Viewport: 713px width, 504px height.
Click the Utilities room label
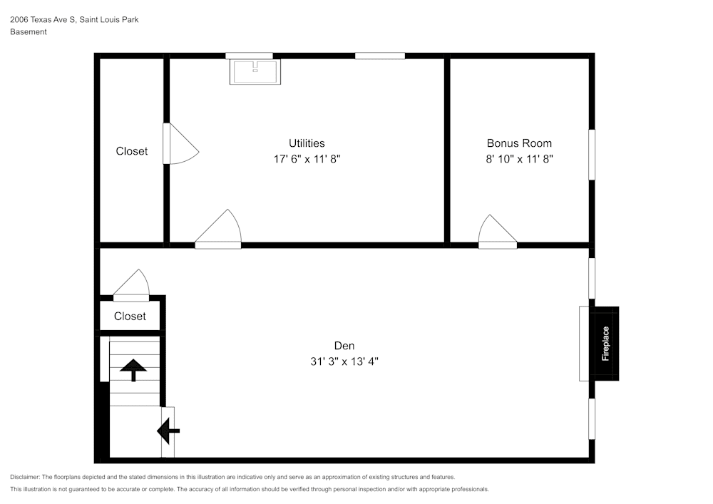click(307, 143)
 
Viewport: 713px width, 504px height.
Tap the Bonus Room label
click(519, 143)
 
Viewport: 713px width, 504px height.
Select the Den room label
click(344, 346)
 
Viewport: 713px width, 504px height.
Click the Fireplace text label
click(605, 344)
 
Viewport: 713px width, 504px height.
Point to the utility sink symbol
click(255, 71)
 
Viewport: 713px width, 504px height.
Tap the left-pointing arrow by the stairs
click(168, 431)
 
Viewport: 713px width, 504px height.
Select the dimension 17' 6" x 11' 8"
click(307, 160)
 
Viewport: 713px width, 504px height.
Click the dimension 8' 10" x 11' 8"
click(519, 160)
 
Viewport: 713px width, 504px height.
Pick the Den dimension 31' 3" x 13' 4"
click(344, 361)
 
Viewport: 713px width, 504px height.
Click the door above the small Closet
click(131, 285)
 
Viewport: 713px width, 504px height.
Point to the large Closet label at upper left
click(132, 151)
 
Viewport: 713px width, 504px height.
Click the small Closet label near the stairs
click(130, 317)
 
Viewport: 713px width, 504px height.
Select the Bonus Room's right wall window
click(591, 155)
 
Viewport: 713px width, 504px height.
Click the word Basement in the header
click(29, 32)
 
